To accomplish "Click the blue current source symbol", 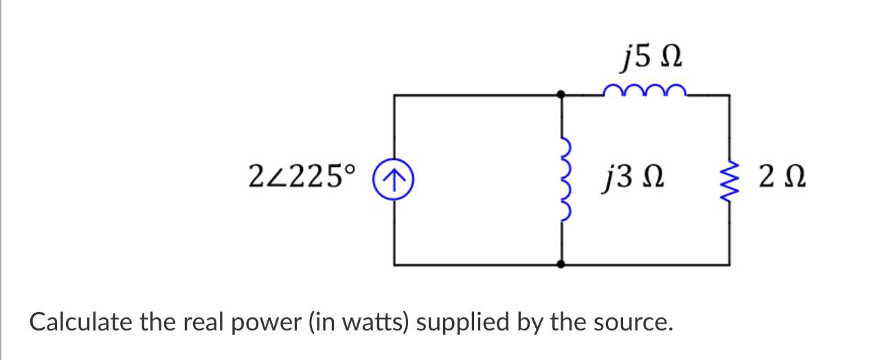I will (394, 180).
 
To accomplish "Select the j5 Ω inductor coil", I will (644, 90).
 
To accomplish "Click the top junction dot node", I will (562, 95).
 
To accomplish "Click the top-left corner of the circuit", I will (394, 95).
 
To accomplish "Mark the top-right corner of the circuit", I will (728, 95).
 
